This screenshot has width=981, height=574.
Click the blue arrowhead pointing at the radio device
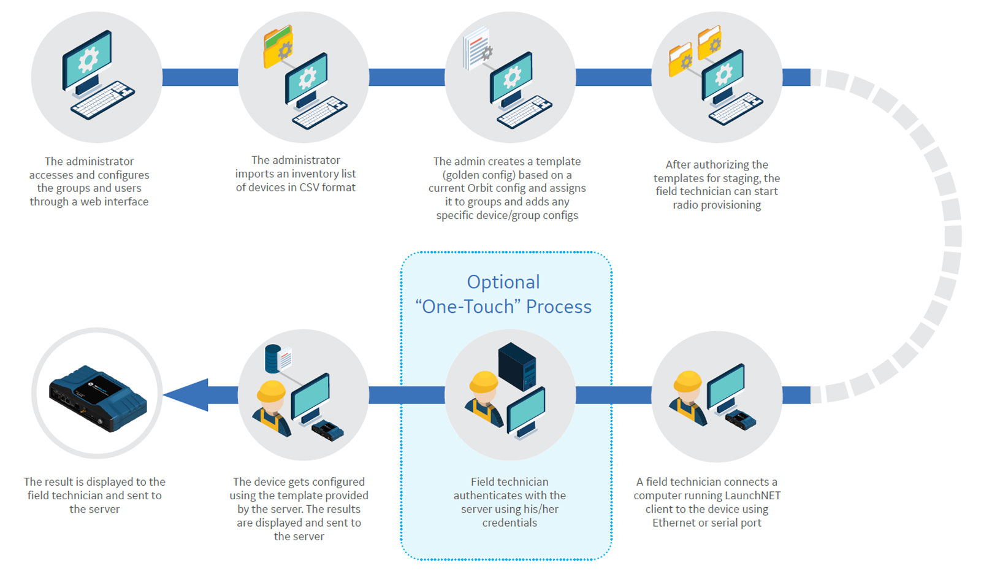pos(187,395)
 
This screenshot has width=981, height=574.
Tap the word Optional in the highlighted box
pos(503,282)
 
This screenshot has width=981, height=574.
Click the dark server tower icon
pos(517,365)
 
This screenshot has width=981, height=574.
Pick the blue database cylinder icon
pos(272,359)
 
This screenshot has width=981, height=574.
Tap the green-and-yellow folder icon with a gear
pos(278,46)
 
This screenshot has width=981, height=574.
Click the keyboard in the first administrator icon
pos(102,100)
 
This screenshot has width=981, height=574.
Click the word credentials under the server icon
pos(510,523)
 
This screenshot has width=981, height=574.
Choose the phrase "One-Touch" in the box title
pos(468,307)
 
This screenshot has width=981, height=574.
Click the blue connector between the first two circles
pos(200,77)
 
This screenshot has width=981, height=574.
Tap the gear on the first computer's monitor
pos(88,59)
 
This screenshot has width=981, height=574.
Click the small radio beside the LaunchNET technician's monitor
pos(741,421)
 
